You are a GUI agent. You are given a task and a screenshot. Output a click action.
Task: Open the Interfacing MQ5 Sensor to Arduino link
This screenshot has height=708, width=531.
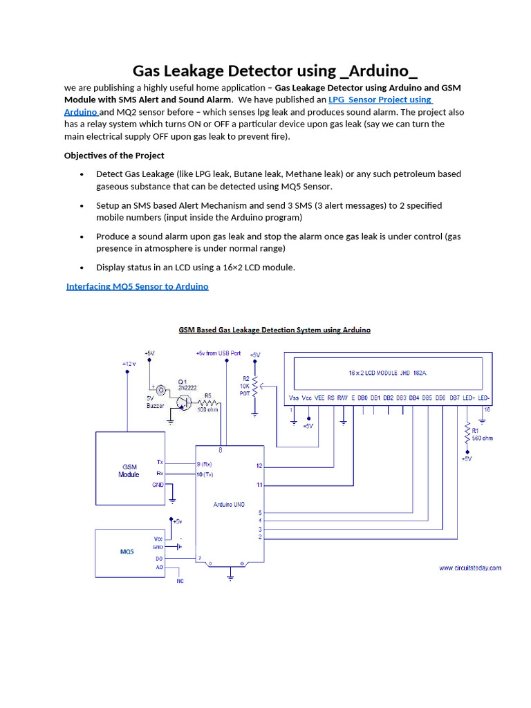137,286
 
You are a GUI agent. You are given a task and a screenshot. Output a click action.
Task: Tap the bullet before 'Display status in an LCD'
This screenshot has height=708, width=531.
82,268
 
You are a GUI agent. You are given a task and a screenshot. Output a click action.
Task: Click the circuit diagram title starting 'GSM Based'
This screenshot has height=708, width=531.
274,330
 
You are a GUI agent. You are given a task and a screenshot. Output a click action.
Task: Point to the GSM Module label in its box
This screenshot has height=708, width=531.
129,471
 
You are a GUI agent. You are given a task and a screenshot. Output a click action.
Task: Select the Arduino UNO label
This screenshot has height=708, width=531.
229,505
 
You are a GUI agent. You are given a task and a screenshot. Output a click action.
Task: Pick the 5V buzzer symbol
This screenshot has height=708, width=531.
160,389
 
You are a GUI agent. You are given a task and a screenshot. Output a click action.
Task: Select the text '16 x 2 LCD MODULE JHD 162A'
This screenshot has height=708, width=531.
391,373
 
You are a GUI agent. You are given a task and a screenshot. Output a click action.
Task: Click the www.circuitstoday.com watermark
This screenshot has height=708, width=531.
470,568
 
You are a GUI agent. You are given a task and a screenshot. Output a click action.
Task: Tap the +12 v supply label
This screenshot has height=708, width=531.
129,363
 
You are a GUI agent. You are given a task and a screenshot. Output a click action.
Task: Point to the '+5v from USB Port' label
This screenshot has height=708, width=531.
218,353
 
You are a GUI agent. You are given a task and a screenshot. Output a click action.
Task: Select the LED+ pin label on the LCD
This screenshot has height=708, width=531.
468,398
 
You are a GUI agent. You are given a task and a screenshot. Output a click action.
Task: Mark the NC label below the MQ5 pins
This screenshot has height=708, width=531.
180,581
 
